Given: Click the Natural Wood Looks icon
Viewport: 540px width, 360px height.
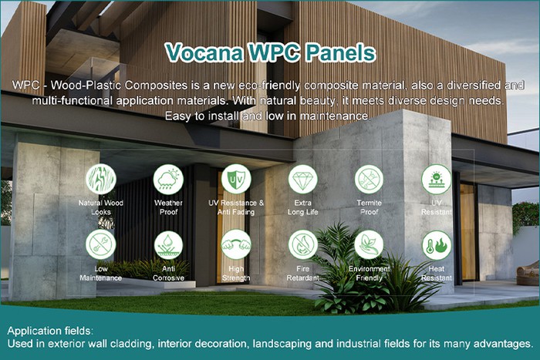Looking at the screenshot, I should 101,179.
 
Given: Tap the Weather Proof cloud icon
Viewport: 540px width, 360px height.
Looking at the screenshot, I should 168,179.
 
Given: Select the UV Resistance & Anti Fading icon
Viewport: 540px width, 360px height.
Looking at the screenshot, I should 235,179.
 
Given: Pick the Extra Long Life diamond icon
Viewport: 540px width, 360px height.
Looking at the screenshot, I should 302,179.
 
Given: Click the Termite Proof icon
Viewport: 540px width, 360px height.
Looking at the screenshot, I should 369,179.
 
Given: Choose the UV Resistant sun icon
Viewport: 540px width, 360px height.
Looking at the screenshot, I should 436,179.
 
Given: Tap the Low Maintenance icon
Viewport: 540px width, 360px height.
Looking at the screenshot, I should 101,244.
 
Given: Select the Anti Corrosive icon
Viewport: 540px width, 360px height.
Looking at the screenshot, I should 168,244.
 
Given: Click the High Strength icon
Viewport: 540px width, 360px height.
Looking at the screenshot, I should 235,244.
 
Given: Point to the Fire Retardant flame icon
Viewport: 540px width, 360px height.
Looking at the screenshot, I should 302,244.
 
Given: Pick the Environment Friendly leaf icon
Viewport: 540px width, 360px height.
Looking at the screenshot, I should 369,244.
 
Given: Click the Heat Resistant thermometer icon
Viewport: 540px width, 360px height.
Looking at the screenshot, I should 436,244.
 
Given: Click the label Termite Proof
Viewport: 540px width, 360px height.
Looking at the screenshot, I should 369,207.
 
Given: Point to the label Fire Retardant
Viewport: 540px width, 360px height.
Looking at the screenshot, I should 302,273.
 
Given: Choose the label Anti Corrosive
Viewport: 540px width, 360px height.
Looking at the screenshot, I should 168,273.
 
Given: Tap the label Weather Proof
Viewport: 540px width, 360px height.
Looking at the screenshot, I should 168,207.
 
